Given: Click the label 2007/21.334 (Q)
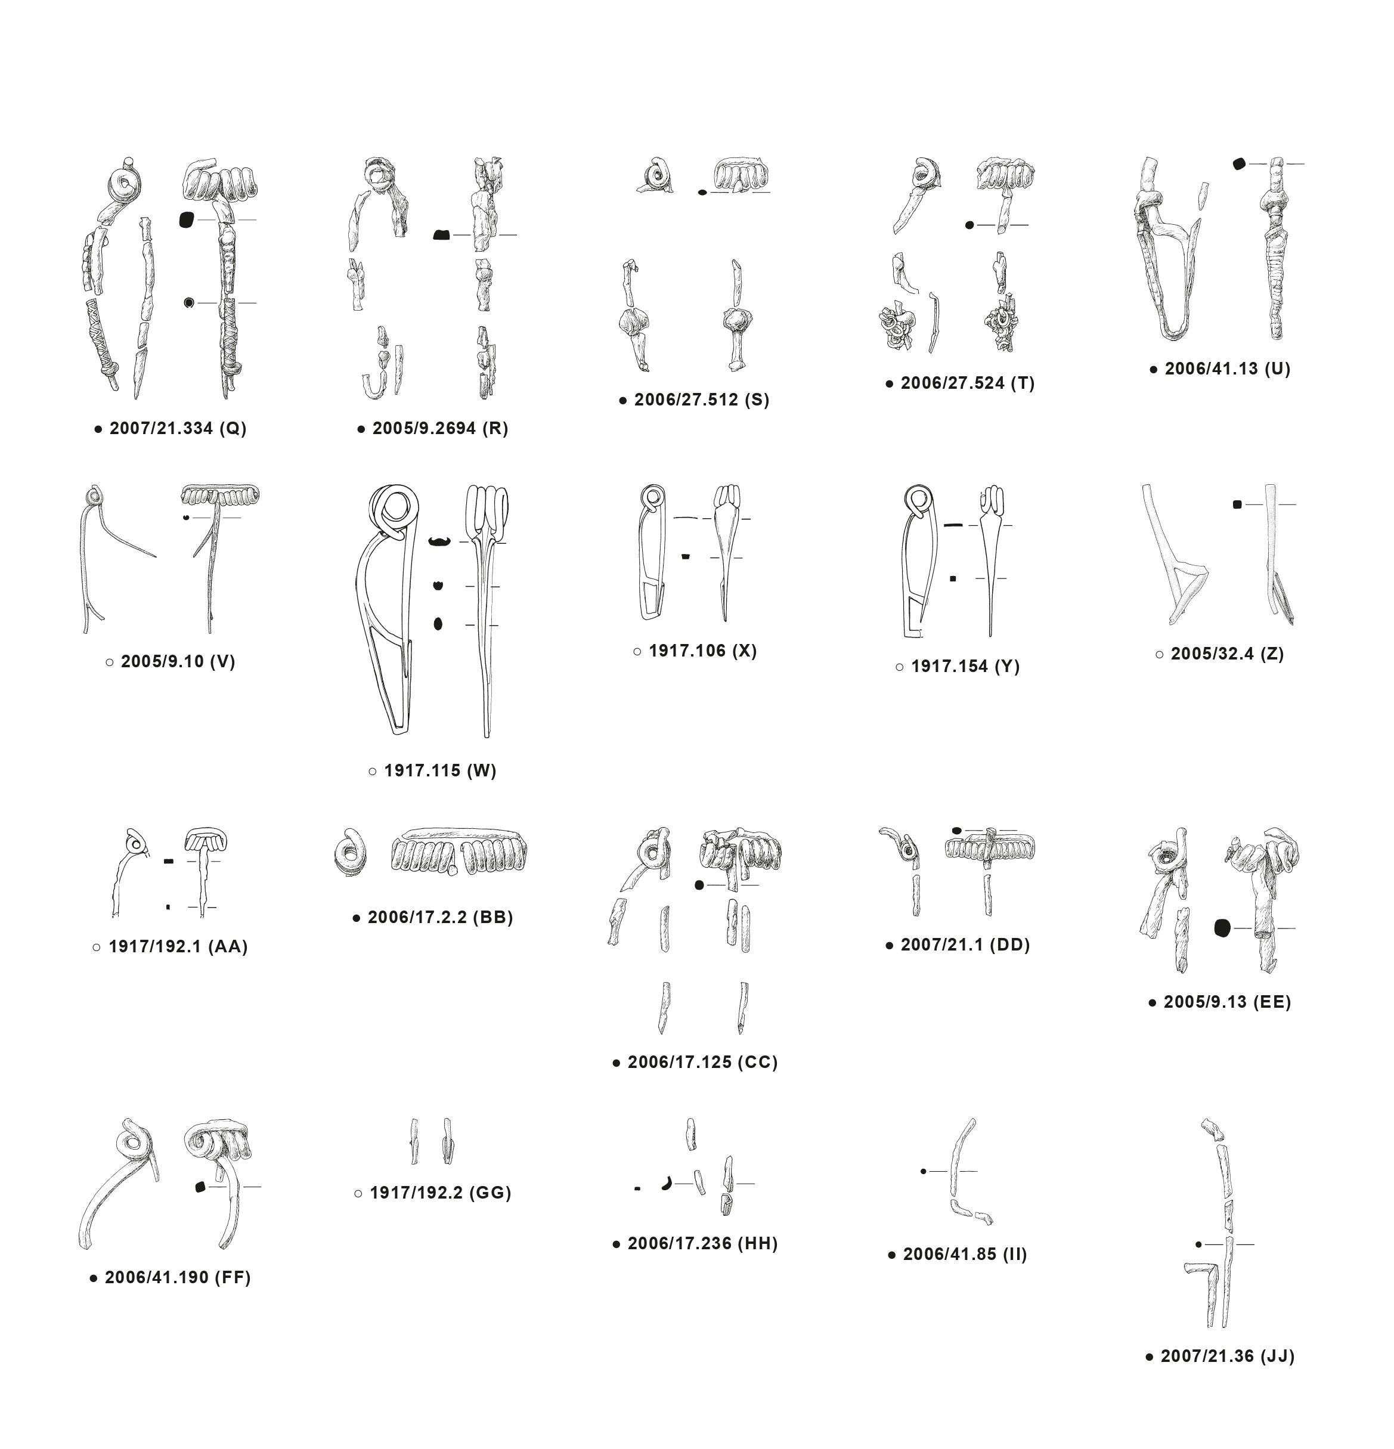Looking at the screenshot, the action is click(x=178, y=429).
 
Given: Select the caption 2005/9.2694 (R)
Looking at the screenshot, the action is click(x=441, y=429).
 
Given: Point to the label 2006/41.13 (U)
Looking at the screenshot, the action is click(x=1228, y=369).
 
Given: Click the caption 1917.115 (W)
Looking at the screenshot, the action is click(x=441, y=770).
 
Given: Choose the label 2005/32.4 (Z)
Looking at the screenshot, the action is click(x=1227, y=654).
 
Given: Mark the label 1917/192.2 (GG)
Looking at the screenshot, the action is click(x=441, y=1193).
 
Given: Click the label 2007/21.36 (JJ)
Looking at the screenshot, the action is click(x=1228, y=1356).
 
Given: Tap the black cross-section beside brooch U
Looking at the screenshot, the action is click(x=1239, y=164).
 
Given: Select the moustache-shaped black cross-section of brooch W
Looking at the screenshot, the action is click(x=440, y=542).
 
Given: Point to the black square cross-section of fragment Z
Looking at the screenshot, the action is click(x=1237, y=505).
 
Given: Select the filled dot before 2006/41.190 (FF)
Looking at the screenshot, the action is click(x=93, y=1278).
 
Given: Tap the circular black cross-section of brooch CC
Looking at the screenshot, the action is click(x=699, y=885).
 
